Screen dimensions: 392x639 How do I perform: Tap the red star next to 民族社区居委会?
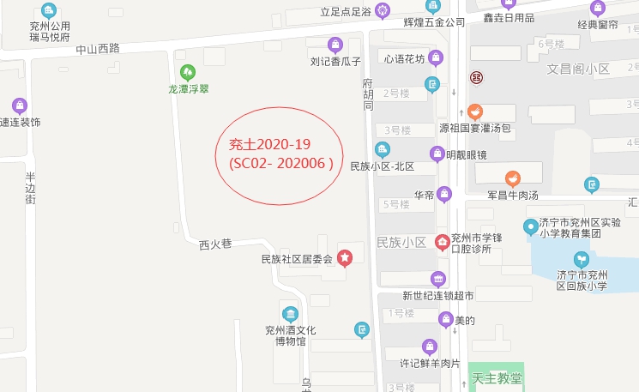pyautogui.click(x=344, y=258)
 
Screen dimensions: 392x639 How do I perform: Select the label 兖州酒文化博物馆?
pyautogui.click(x=290, y=335)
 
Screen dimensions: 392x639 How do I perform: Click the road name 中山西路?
pyautogui.click(x=97, y=49)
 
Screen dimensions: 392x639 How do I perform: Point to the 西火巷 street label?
pyautogui.click(x=215, y=244)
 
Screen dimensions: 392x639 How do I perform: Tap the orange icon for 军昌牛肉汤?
pyautogui.click(x=512, y=178)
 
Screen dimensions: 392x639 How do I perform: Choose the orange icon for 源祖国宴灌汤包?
pyautogui.click(x=474, y=112)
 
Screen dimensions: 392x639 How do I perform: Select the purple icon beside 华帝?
pyautogui.click(x=444, y=194)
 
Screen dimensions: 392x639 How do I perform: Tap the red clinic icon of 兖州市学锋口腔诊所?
pyautogui.click(x=443, y=242)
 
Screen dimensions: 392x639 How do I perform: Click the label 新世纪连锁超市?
pyautogui.click(x=438, y=296)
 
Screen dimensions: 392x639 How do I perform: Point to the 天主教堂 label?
pyautogui.click(x=497, y=378)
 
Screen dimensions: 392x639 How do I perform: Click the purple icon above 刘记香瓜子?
pyautogui.click(x=335, y=44)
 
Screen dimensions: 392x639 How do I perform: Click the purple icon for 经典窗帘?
pyautogui.click(x=597, y=8)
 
